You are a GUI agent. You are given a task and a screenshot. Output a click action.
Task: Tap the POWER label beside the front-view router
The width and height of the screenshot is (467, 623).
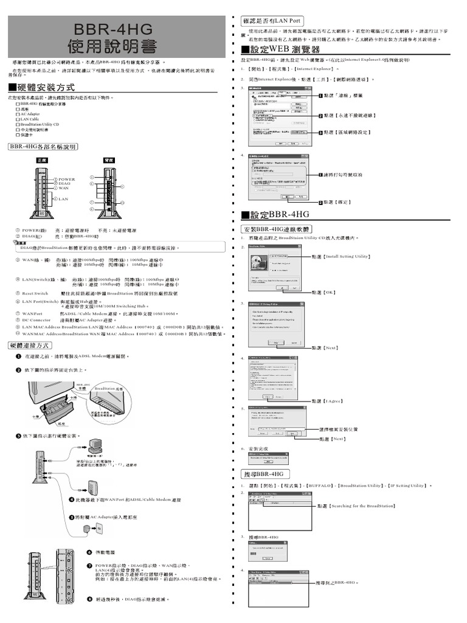coord(67,179)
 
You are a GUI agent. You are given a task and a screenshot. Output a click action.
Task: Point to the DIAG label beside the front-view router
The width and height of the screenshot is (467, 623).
coord(64,184)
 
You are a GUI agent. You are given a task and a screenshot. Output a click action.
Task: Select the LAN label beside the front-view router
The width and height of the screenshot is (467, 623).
coord(63,199)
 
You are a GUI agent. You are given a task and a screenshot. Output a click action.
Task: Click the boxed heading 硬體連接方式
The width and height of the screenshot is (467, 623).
coord(34,345)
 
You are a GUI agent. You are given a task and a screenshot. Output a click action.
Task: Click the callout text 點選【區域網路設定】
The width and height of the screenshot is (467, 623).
coord(347,132)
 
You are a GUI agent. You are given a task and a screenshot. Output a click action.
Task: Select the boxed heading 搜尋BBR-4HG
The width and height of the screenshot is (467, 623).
coord(265,473)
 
